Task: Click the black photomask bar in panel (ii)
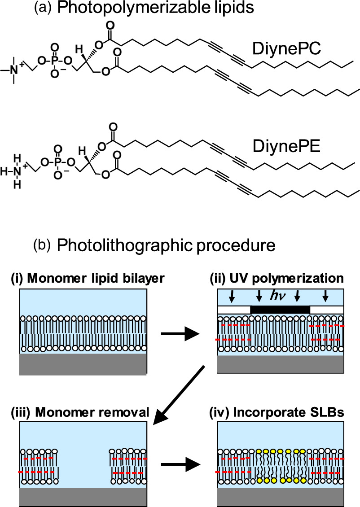click(x=280, y=310)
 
